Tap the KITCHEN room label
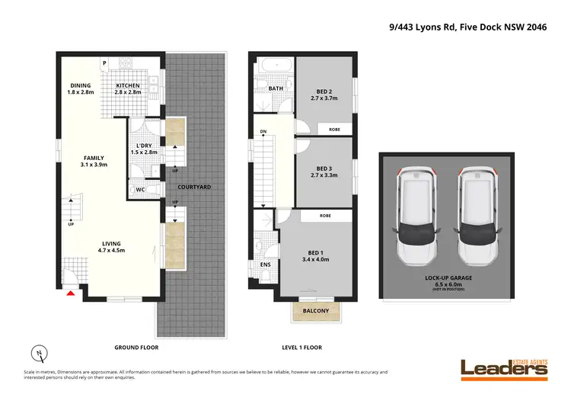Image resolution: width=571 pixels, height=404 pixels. tap(126, 90)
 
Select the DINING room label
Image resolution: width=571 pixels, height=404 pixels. tap(80, 90)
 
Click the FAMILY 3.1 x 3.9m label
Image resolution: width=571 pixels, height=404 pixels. tap(94, 161)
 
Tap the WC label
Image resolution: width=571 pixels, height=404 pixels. tap(140, 190)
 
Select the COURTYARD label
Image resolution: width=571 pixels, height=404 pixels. tap(194, 187)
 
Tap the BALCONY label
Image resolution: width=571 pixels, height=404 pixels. tap(315, 311)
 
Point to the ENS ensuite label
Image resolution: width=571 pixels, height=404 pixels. tap(265, 265)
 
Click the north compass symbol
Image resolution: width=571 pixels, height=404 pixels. tap(40, 353)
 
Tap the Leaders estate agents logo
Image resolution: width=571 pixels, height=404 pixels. tap(503, 368)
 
